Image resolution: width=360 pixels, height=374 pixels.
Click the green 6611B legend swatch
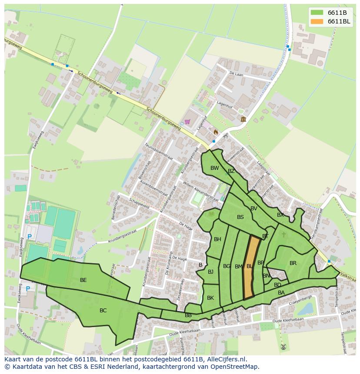317,13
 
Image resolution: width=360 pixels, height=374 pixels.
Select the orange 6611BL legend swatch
317,21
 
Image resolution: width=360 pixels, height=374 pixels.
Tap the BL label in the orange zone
250,266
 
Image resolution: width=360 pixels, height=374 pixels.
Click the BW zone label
215,168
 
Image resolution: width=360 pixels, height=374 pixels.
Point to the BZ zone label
231,171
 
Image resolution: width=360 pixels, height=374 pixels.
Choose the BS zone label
240,217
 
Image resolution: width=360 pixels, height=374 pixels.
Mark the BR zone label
293,263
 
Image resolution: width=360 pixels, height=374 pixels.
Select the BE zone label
83,280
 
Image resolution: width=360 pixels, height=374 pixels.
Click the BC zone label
103,311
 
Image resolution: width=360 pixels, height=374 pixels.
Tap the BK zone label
210,298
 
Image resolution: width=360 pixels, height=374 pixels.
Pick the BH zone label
217,239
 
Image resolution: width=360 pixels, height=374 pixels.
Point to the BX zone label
280,215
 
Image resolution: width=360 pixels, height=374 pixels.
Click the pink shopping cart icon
187,122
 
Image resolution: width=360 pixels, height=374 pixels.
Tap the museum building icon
243,119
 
